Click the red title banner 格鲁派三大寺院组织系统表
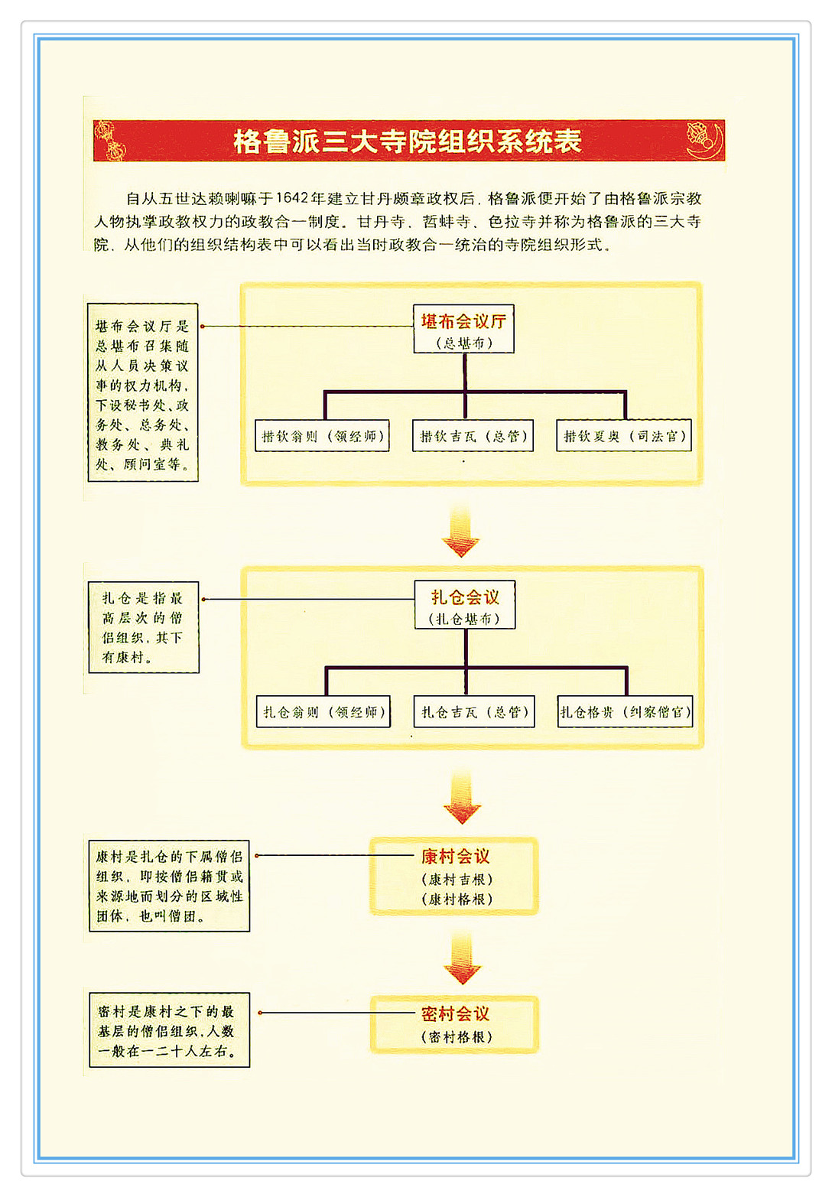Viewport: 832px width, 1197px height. click(409, 141)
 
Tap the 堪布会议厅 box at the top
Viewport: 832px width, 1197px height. click(464, 329)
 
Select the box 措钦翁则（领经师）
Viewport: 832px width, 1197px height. click(322, 435)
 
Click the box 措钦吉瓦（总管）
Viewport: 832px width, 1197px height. click(473, 435)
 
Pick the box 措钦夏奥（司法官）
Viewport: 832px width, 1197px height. click(623, 435)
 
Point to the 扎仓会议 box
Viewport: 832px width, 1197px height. click(465, 604)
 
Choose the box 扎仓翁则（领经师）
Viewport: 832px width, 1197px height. click(323, 711)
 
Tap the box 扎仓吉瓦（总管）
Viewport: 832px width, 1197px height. click(474, 711)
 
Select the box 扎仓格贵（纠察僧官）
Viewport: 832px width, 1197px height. click(626, 711)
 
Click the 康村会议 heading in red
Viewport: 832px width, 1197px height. click(455, 856)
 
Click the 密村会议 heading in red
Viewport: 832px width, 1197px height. click(455, 1013)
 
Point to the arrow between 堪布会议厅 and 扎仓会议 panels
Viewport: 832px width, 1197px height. click(460, 531)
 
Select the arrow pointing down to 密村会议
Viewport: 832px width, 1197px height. click(462, 958)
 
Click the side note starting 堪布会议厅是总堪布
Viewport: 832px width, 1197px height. click(143, 392)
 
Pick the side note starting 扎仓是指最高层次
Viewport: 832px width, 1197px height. click(144, 627)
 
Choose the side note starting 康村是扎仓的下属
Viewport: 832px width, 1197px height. click(170, 886)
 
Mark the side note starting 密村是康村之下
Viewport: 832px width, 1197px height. click(170, 1029)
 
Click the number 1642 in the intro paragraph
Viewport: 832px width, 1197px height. click(292, 198)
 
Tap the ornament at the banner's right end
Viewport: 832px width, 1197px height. click(704, 139)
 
